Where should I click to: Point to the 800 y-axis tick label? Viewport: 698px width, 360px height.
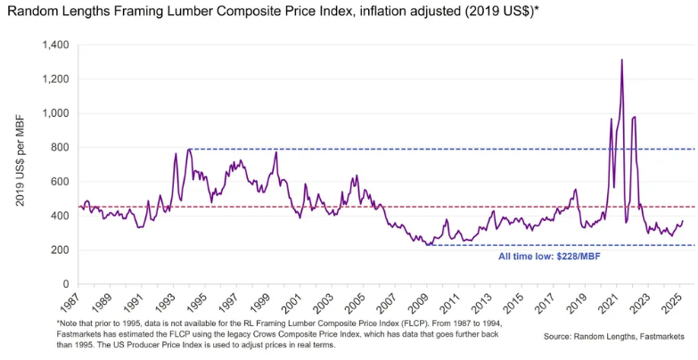tap(61, 147)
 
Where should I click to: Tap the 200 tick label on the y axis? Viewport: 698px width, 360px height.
tap(61, 250)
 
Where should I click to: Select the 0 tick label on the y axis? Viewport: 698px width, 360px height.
tap(67, 283)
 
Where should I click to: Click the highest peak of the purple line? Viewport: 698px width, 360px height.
tap(621, 60)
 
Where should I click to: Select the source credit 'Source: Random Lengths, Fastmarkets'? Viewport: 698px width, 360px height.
tap(614, 336)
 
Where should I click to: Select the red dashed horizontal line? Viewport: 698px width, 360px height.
tap(267, 207)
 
